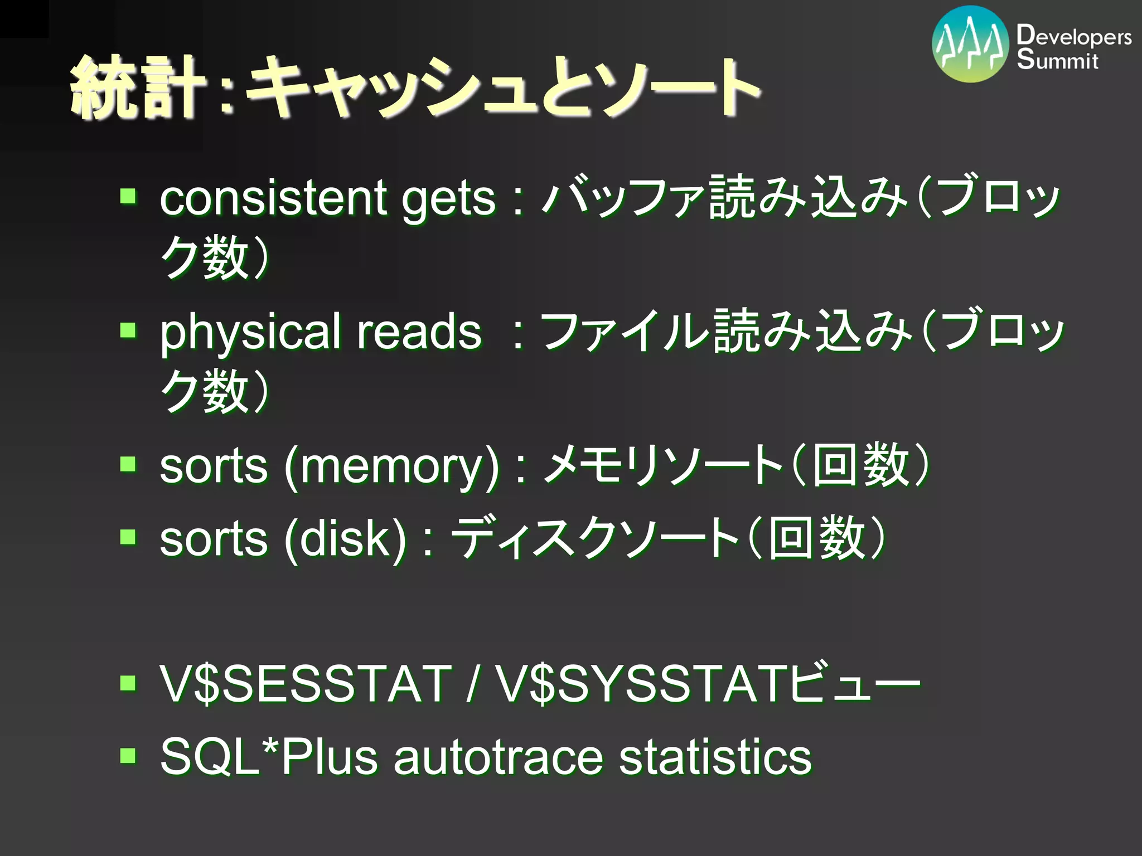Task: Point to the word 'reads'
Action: (419, 332)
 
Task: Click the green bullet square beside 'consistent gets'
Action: (128, 196)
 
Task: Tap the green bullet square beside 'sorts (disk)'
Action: (128, 537)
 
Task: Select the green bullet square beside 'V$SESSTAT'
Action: (128, 683)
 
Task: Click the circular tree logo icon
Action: (970, 45)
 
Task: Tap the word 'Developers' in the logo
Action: (1073, 36)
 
